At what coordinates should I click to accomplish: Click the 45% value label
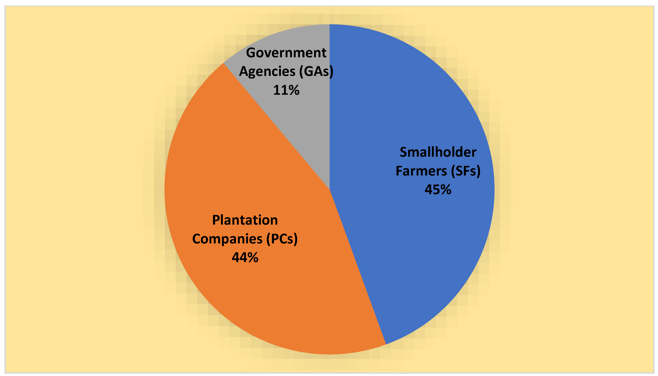tap(438, 190)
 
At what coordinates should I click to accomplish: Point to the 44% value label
tap(245, 258)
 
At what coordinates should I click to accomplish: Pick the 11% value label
tap(286, 90)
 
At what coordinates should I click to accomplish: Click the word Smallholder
tap(438, 152)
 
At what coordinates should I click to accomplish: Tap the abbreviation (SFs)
tap(466, 171)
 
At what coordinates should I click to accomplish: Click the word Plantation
tap(245, 220)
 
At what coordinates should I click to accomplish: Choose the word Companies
tap(227, 239)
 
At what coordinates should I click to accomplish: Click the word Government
tap(286, 53)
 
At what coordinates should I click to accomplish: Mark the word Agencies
tap(267, 72)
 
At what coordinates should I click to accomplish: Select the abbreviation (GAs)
tap(316, 72)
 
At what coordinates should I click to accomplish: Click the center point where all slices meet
tap(330, 189)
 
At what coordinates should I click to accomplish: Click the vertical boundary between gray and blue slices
tap(330, 129)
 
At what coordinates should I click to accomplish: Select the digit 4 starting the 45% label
tap(429, 190)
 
